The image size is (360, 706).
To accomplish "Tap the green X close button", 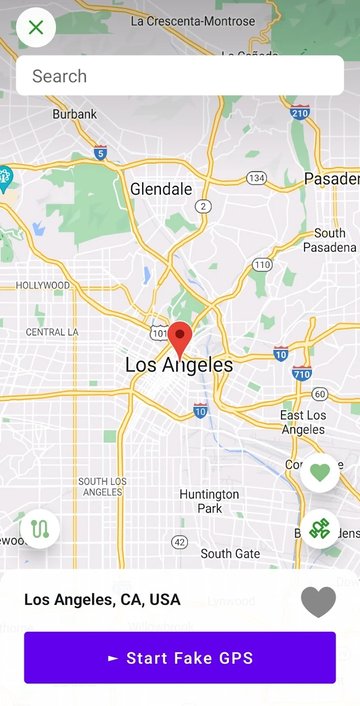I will pos(36,27).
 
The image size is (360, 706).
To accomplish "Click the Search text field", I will pos(180,76).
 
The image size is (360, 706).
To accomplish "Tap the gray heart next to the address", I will pos(318,601).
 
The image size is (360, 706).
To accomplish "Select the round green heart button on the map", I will pos(319,472).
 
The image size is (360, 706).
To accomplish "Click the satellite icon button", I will pos(319,528).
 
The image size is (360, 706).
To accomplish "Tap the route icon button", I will pos(40,528).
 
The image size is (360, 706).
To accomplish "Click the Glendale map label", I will pos(161,189).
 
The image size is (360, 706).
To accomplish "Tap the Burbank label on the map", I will pos(75,114).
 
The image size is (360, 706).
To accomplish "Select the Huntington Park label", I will pos(209,501).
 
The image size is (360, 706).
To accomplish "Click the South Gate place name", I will pos(230,553).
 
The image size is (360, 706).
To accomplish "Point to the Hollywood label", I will pos(43,285).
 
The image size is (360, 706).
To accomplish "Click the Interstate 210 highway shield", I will pos(300,113).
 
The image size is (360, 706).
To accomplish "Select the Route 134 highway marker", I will pos(257,178).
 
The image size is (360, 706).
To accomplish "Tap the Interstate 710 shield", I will pos(302,373).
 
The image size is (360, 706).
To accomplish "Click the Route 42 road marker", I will pos(179,542).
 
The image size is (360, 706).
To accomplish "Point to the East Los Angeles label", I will pos(303,422).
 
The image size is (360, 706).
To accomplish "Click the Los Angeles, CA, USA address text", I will pos(102,600).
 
